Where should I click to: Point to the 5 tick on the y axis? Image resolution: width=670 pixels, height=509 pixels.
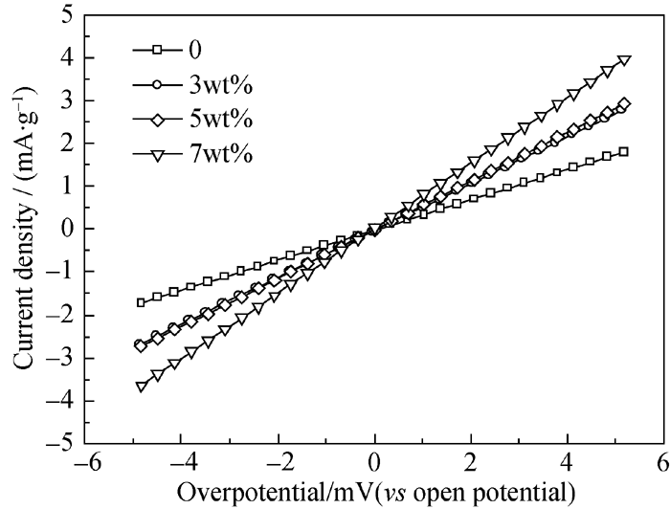click(x=64, y=15)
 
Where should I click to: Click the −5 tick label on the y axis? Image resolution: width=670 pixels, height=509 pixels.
click(x=59, y=445)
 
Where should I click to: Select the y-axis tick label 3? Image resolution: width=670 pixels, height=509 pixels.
click(x=64, y=101)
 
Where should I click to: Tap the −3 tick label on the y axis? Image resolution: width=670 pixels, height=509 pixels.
click(x=59, y=359)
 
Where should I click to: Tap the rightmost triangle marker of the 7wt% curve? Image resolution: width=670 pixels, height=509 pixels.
click(x=624, y=60)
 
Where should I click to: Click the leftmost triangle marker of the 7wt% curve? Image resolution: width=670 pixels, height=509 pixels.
click(x=141, y=387)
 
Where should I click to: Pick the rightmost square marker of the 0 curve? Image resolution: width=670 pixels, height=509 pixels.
click(x=623, y=151)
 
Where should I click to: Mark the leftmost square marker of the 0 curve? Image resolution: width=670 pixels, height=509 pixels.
click(x=141, y=302)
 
